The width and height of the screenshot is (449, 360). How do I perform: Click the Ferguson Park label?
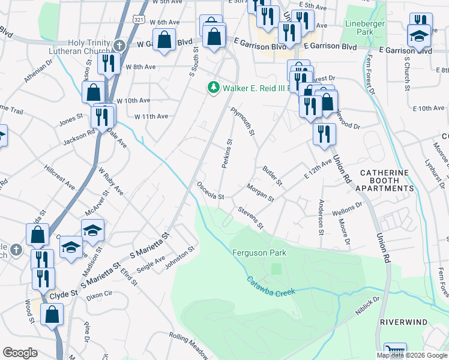(x=259, y=253)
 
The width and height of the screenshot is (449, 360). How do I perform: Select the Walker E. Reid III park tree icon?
(x=213, y=88)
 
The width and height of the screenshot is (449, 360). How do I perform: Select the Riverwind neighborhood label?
(x=403, y=322)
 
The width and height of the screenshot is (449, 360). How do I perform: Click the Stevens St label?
(x=251, y=218)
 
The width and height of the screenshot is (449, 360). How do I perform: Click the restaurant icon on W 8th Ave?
(x=109, y=63)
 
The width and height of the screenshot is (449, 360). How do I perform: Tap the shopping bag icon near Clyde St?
(x=52, y=313)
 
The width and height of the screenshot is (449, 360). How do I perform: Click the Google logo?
(x=20, y=353)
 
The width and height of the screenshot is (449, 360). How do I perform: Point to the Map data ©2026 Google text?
(x=411, y=355)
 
